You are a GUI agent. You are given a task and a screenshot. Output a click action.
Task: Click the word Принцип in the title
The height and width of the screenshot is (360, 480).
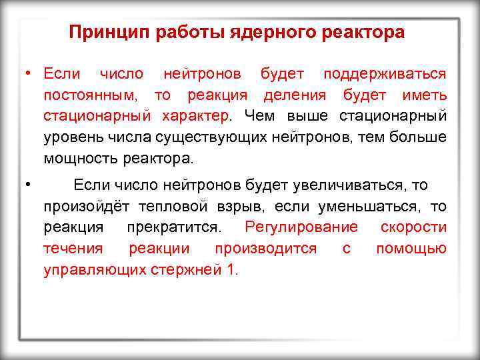(102, 32)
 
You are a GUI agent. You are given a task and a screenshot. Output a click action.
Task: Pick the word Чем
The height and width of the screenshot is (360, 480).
(264, 116)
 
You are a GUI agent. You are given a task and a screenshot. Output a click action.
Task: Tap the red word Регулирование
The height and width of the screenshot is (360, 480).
(301, 227)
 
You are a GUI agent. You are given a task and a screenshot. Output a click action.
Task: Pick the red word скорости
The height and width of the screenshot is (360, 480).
(413, 227)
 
